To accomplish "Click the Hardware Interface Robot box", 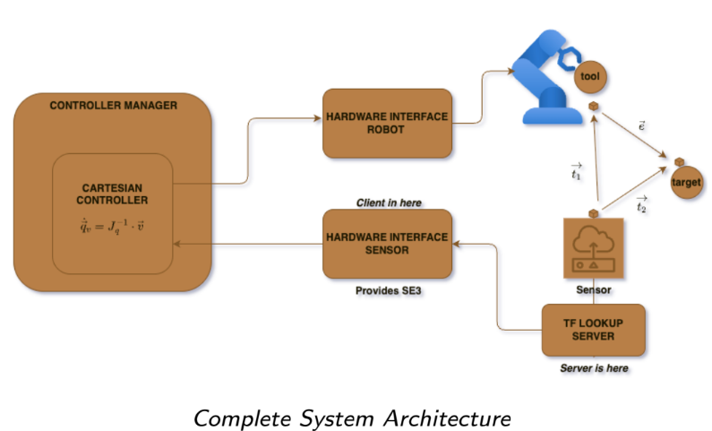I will coord(387,123).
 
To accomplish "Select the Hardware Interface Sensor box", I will coord(387,243).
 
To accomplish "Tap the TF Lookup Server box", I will coord(593,330).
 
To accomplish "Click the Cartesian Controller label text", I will coord(112,194).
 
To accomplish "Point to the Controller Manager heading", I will coord(113,106).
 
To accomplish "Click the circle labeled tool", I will coord(589,77).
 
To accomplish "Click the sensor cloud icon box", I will coord(593,250).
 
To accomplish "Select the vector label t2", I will coord(641,204).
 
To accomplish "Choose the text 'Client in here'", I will coord(389,203).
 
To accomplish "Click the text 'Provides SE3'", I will coord(387,291).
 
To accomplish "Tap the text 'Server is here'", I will coord(593,368).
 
